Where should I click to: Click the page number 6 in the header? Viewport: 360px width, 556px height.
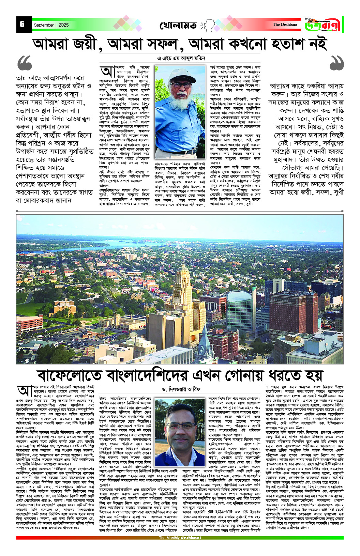(22, 24)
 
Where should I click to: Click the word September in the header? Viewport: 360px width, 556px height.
(44, 25)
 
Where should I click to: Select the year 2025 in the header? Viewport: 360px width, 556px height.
(63, 25)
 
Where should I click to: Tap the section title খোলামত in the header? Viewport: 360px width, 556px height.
(178, 26)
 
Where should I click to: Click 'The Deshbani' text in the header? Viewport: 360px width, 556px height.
(285, 25)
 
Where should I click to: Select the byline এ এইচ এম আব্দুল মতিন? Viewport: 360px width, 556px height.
(181, 58)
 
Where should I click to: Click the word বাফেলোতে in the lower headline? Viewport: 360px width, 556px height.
(70, 375)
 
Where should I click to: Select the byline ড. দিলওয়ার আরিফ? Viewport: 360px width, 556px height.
(181, 389)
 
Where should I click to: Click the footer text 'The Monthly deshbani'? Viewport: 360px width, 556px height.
(180, 538)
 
